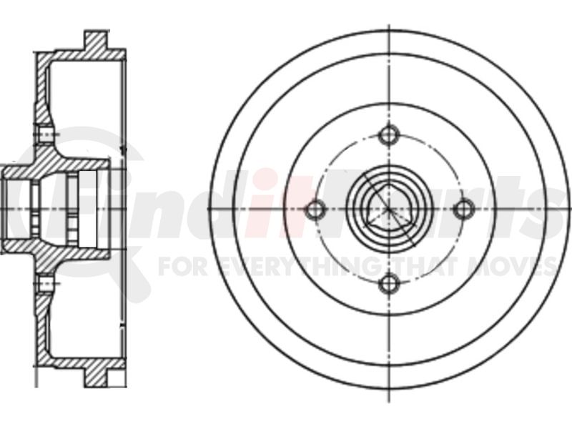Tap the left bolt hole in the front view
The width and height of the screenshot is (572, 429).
pyautogui.click(x=315, y=209)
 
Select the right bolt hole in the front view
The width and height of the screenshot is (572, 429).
pyautogui.click(x=464, y=209)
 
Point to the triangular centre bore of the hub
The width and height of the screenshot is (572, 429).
pyautogui.click(x=388, y=209)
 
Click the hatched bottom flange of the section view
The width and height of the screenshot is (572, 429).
pyautogui.click(x=97, y=376)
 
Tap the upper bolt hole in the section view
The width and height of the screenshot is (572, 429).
pyautogui.click(x=45, y=135)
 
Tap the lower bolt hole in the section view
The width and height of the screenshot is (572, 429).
pyautogui.click(x=45, y=284)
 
